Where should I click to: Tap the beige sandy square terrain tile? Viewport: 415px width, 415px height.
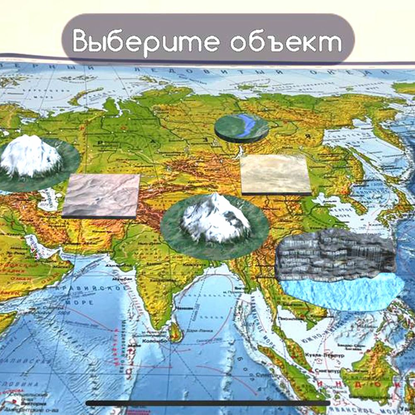click(x=276, y=174)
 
